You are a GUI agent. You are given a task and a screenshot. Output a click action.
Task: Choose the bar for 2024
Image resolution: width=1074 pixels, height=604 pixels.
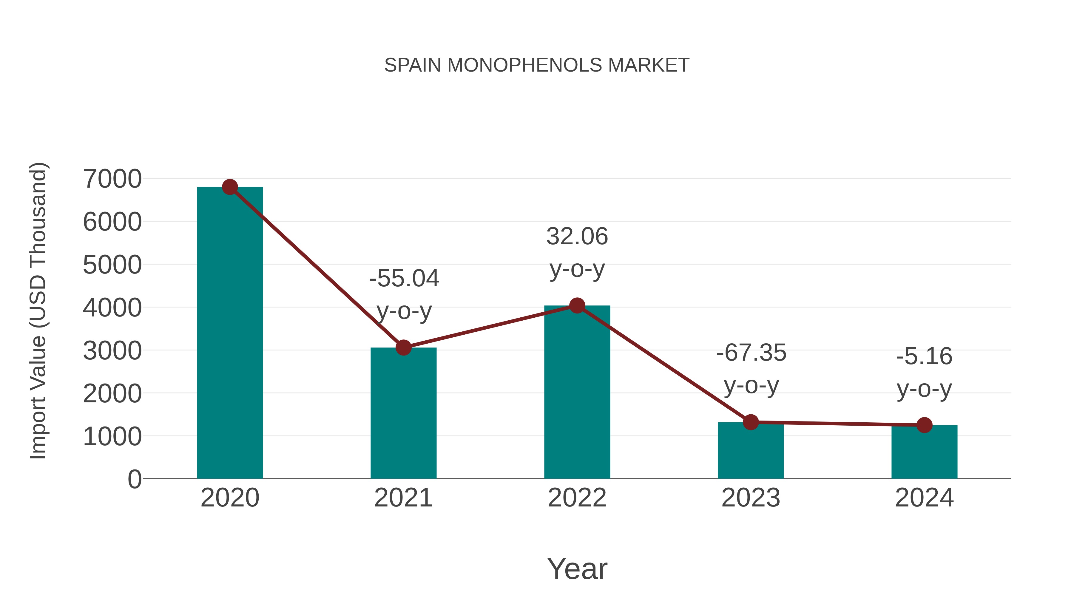(924, 454)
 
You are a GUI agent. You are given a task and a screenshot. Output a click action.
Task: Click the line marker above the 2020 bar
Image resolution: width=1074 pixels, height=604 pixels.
(230, 187)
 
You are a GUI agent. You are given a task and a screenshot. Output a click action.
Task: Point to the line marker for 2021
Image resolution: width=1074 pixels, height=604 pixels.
(403, 347)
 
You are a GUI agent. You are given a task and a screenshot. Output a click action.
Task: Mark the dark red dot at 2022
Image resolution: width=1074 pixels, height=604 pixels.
(577, 305)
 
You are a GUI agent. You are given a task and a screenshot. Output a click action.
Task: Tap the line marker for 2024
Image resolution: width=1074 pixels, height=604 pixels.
(924, 425)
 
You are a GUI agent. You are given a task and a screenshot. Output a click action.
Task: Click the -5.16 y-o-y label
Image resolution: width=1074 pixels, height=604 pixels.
(924, 372)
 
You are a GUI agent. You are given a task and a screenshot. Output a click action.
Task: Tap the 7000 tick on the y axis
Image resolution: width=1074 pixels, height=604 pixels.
(112, 179)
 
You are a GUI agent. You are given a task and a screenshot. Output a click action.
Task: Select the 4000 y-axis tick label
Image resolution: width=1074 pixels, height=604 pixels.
(112, 308)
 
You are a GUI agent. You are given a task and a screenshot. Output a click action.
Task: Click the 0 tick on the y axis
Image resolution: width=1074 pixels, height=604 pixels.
(134, 479)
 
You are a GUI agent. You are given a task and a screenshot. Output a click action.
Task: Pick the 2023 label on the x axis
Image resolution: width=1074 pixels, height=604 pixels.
(751, 498)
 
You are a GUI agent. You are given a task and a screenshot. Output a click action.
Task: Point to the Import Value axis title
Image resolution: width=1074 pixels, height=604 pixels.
(38, 311)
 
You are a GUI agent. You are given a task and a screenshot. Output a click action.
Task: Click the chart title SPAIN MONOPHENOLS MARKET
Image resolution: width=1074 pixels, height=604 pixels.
(537, 65)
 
